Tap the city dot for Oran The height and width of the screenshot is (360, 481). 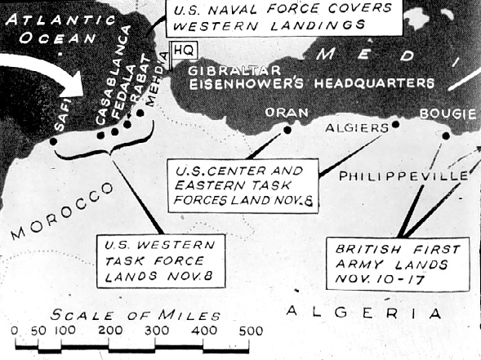[287, 129]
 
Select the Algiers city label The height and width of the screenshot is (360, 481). [357, 128]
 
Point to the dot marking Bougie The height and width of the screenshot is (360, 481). [447, 136]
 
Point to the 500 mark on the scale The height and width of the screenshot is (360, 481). [251, 331]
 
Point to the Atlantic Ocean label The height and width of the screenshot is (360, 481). [49, 26]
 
